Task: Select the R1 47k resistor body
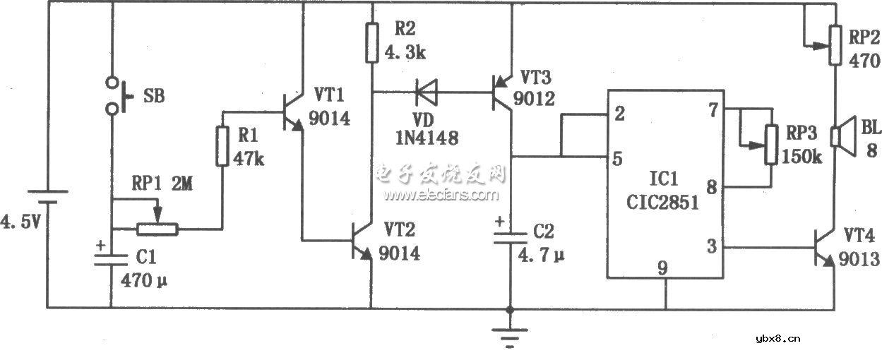[x=222, y=147]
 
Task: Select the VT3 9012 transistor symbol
[x=503, y=92]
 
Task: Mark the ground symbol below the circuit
[x=509, y=337]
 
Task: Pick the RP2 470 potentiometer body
[x=835, y=43]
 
